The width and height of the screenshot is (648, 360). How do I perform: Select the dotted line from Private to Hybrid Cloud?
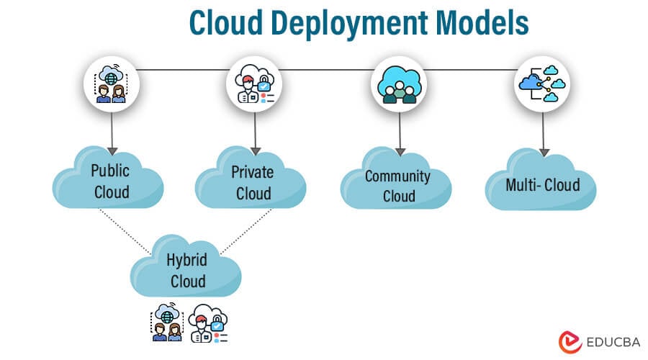(x=246, y=230)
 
